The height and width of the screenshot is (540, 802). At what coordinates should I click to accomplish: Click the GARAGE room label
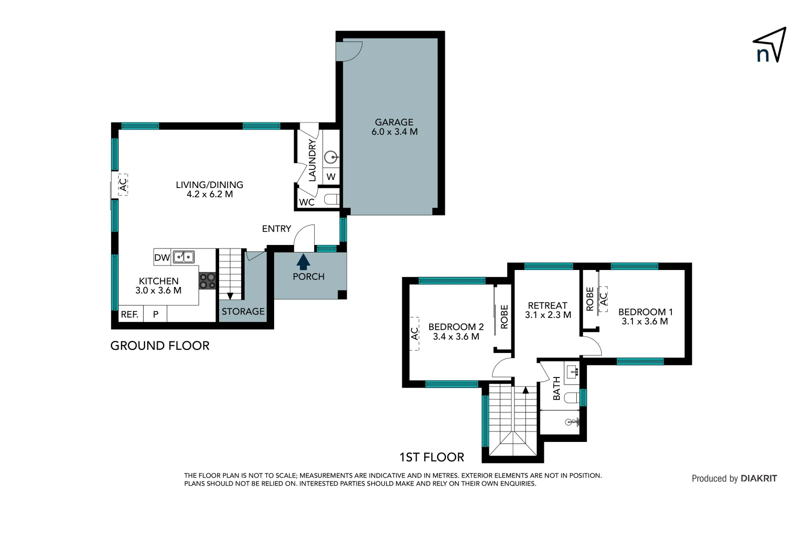pyautogui.click(x=394, y=122)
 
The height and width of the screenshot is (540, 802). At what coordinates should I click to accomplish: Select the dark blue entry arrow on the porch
pyautogui.click(x=303, y=262)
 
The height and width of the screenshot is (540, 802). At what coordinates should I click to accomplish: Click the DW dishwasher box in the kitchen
pyautogui.click(x=162, y=257)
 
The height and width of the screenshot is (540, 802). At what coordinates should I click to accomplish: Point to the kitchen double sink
pyautogui.click(x=184, y=257)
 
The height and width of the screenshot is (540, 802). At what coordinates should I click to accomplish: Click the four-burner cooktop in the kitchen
pyautogui.click(x=207, y=281)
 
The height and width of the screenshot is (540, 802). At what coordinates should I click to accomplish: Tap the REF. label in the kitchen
pyautogui.click(x=130, y=314)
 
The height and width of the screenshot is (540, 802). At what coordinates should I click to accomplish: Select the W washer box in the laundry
pyautogui.click(x=331, y=177)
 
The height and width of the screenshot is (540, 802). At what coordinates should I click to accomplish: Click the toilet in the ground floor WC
pyautogui.click(x=331, y=199)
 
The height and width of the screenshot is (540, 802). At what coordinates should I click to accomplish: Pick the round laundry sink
pyautogui.click(x=330, y=157)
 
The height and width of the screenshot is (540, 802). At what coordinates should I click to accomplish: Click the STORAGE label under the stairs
pyautogui.click(x=243, y=311)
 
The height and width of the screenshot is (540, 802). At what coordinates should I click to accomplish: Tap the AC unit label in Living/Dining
pyautogui.click(x=123, y=184)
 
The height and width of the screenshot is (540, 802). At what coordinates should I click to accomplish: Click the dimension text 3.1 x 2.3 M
pyautogui.click(x=548, y=315)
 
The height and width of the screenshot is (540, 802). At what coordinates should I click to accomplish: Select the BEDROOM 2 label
pyautogui.click(x=456, y=327)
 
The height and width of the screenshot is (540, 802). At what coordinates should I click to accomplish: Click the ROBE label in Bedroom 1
pyautogui.click(x=590, y=298)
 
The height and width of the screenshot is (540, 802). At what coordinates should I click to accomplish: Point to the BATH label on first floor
pyautogui.click(x=557, y=388)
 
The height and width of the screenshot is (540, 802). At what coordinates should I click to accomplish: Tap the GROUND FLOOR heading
pyautogui.click(x=160, y=345)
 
